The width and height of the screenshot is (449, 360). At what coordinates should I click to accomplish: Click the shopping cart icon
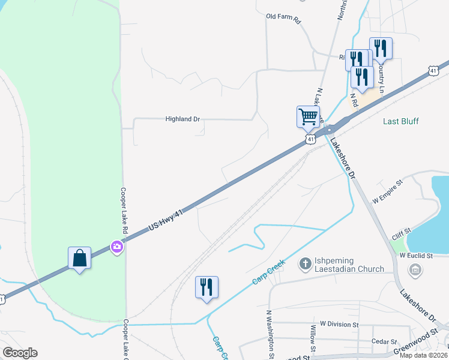click(308, 116)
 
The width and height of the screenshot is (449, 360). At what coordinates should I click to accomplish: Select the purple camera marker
click(116, 247)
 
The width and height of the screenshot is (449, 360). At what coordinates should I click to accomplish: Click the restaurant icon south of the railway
click(206, 287)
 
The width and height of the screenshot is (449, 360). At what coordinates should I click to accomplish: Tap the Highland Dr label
click(182, 119)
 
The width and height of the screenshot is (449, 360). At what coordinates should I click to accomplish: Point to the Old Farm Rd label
click(283, 17)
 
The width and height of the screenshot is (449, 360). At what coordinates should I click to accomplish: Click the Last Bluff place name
click(401, 121)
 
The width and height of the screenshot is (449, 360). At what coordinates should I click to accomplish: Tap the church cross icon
click(305, 263)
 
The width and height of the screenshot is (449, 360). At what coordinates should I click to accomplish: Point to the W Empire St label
click(387, 193)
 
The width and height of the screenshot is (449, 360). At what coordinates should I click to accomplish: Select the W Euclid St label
click(416, 256)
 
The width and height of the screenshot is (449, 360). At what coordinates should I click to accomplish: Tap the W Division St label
click(339, 325)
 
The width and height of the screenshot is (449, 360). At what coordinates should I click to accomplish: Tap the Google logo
click(20, 353)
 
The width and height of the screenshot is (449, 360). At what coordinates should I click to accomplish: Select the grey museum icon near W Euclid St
click(415, 271)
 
